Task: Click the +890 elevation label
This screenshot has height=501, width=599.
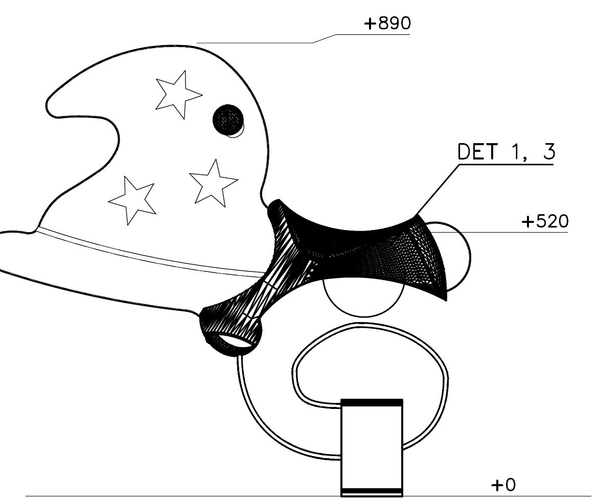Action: point(387,24)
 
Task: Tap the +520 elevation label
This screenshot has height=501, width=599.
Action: point(545,221)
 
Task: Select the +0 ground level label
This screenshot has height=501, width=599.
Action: point(503,485)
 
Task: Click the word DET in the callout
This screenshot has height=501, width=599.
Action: point(477,151)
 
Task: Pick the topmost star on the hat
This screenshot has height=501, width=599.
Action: point(178,94)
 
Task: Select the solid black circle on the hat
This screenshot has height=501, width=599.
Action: point(228,120)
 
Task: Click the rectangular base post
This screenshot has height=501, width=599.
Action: point(372,448)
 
